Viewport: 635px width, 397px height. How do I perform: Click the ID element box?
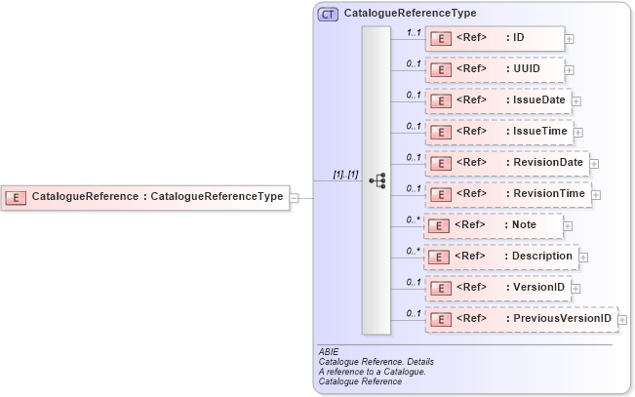[x=495, y=38]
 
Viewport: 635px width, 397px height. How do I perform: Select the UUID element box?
[x=495, y=69]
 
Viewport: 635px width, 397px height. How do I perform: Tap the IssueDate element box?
[x=497, y=100]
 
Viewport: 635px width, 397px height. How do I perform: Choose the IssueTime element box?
[x=497, y=132]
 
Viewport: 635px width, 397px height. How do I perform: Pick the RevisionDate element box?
[x=506, y=163]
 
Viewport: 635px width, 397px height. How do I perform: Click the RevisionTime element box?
[x=507, y=194]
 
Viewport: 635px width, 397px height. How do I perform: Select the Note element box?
[x=495, y=225]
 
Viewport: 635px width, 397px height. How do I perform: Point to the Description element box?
[x=501, y=257]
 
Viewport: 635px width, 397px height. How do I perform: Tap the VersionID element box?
[x=497, y=288]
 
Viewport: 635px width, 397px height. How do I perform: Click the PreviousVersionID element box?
[x=521, y=319]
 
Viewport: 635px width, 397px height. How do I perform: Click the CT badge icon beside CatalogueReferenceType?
[x=328, y=15]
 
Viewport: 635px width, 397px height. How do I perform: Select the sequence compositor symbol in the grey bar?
[x=377, y=180]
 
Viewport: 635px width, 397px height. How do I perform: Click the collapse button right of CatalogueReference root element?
[x=294, y=197]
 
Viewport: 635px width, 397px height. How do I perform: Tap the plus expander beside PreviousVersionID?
[x=622, y=320]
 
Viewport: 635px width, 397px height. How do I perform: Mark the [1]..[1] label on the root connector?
[x=345, y=174]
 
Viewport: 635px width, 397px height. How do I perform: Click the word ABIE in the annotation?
[x=329, y=351]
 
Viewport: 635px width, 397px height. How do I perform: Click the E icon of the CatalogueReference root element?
[x=16, y=197]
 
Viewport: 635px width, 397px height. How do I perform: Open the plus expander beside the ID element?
[x=570, y=39]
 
